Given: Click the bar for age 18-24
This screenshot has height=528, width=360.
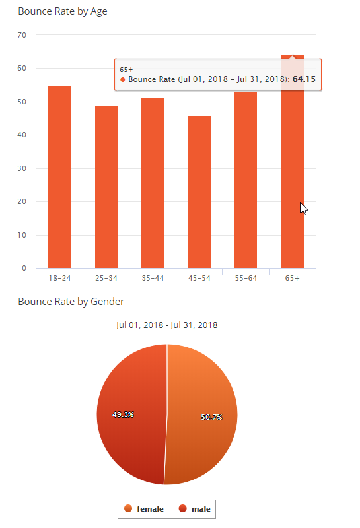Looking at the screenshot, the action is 59,177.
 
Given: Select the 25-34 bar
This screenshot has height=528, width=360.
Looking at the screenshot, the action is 106,187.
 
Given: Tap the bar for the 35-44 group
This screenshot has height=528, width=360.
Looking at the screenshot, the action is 153,183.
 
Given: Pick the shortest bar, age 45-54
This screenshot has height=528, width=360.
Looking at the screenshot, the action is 199,191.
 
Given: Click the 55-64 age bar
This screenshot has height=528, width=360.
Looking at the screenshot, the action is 246,180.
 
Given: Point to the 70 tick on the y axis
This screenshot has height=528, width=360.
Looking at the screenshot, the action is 22,35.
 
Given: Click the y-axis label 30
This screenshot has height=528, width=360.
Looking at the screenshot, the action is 22,168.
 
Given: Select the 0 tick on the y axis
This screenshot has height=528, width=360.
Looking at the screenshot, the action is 24,268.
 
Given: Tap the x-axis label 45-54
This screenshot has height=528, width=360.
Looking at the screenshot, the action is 199,278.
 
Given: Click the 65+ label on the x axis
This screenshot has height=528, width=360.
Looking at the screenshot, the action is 292,278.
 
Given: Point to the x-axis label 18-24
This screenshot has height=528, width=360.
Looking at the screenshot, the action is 59,278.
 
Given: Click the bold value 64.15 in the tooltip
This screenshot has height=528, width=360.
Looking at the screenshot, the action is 304,79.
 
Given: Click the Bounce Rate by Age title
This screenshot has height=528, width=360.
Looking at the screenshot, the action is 63,11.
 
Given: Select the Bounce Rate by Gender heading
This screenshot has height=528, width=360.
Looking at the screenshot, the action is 71,302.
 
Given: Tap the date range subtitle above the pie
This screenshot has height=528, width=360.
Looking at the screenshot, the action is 167,325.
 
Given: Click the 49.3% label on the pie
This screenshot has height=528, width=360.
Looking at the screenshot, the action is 123,414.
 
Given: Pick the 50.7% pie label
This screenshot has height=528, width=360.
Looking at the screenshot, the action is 211,417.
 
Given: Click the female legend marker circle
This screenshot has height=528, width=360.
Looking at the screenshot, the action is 128,508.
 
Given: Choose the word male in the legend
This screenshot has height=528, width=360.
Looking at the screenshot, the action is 201,509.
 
